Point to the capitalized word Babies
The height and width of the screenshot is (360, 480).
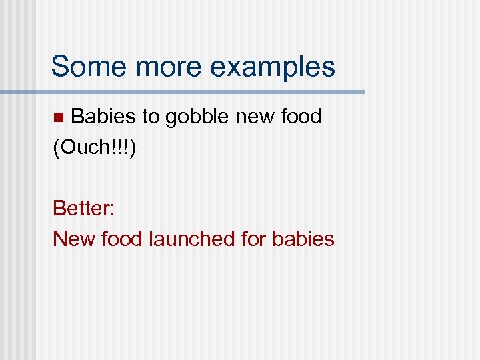click(x=103, y=117)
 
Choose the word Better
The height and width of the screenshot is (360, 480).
click(x=81, y=208)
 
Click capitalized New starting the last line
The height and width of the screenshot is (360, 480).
click(x=73, y=238)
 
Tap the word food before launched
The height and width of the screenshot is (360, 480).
click(x=122, y=238)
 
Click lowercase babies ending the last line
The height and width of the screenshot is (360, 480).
click(x=303, y=238)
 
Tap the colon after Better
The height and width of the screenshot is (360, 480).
click(x=113, y=209)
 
